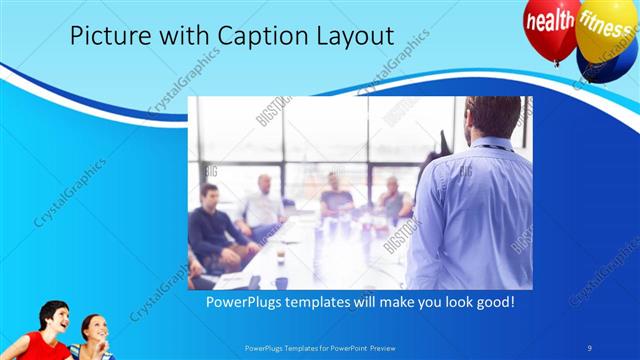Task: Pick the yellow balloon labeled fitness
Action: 603,22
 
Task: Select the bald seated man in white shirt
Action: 261,205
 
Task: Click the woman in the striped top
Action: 95,340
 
